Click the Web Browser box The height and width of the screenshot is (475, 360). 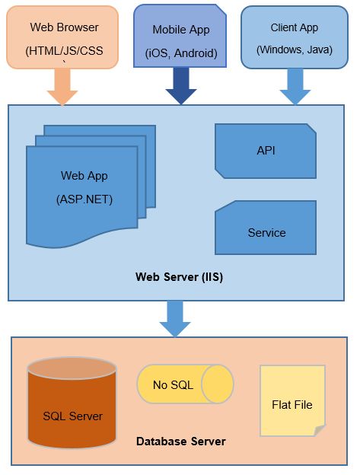[x=62, y=37]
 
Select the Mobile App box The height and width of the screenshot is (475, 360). [x=180, y=36]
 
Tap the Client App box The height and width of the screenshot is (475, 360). [x=295, y=37]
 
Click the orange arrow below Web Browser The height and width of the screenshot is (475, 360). [x=62, y=87]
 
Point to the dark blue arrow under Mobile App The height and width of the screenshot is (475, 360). [x=181, y=86]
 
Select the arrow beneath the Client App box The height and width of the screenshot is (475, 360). [x=295, y=87]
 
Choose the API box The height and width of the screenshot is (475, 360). [x=266, y=151]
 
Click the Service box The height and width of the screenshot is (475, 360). [x=266, y=228]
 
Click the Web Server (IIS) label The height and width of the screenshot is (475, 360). [x=180, y=277]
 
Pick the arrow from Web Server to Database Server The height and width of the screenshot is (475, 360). [x=175, y=318]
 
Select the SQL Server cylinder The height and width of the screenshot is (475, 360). [x=72, y=403]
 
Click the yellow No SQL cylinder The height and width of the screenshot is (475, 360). [x=185, y=384]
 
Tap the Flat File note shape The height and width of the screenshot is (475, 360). [x=292, y=400]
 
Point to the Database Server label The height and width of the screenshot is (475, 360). [x=180, y=442]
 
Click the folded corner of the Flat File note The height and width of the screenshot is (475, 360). [x=320, y=431]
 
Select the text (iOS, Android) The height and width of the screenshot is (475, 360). [x=181, y=53]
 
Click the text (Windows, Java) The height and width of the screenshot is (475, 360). [x=295, y=49]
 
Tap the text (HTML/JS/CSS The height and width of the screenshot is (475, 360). [x=64, y=50]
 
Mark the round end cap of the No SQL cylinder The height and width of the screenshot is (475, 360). [x=218, y=384]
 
